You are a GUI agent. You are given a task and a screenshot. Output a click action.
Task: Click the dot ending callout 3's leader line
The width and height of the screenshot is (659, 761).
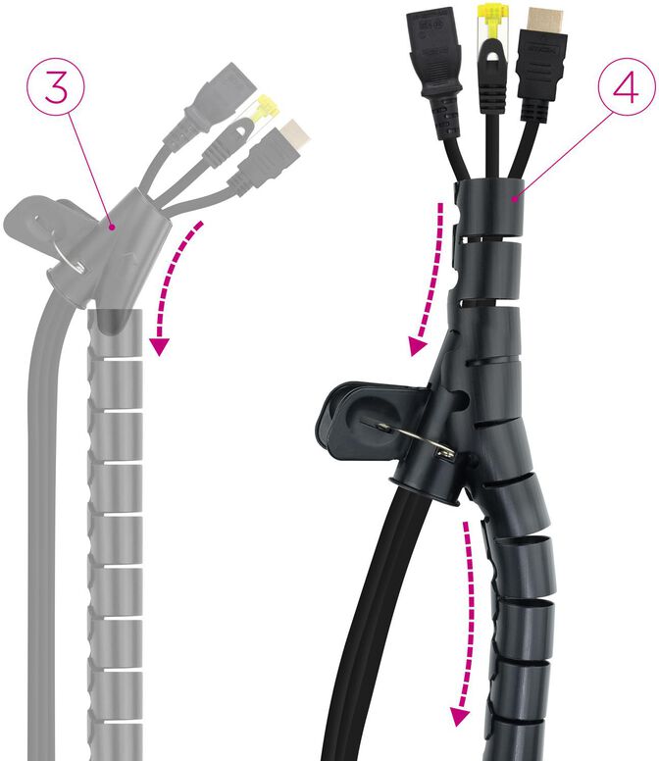(114, 228)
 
